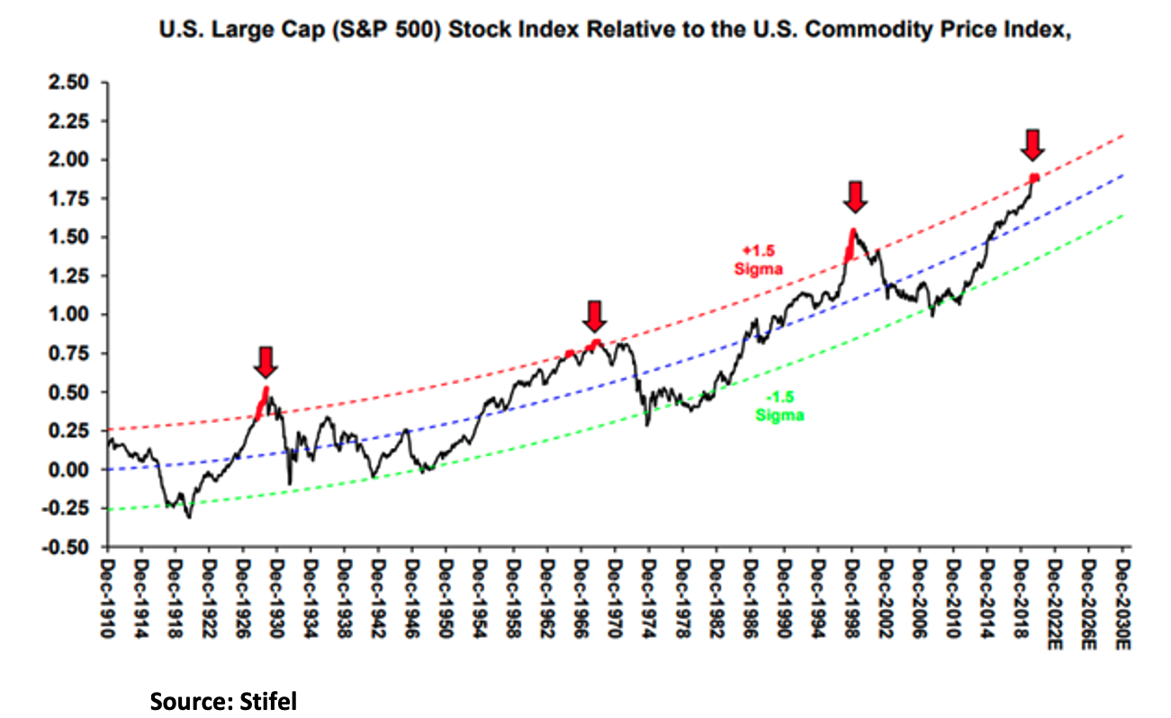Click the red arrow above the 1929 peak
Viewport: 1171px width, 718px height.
(x=266, y=362)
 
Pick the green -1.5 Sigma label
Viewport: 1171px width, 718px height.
(x=779, y=408)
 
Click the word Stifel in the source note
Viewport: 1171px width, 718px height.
(x=267, y=701)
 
